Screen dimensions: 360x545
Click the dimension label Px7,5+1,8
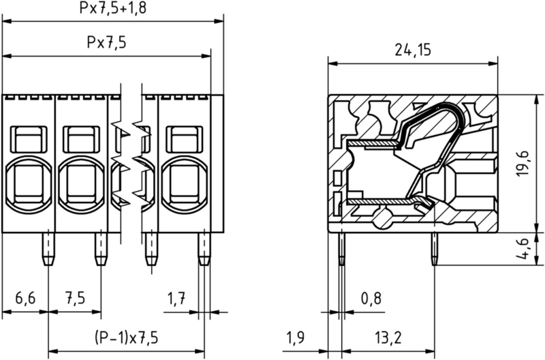tap(112, 9)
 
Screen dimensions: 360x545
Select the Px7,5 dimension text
tap(106, 42)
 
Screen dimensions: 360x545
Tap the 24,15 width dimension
tap(415, 50)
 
